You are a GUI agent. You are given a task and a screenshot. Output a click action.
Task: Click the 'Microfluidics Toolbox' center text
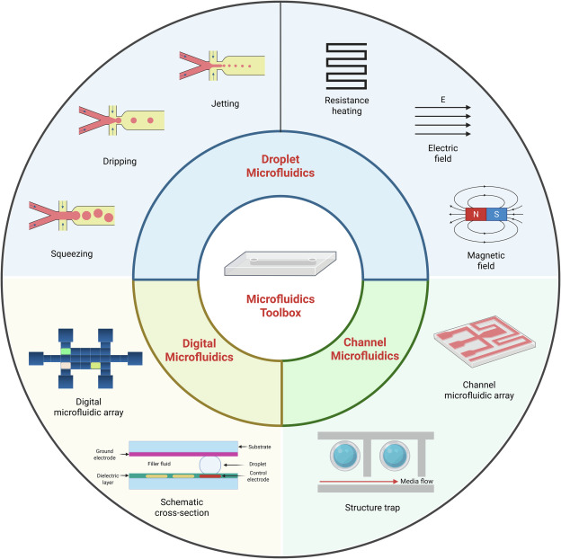[x=280, y=306]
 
